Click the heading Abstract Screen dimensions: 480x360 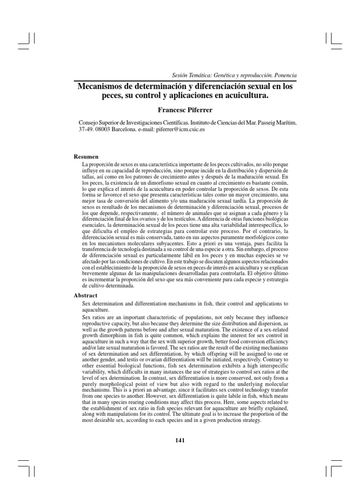(86, 296)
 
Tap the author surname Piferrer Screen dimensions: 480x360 (201, 110)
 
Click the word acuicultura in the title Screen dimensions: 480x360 (244, 96)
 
